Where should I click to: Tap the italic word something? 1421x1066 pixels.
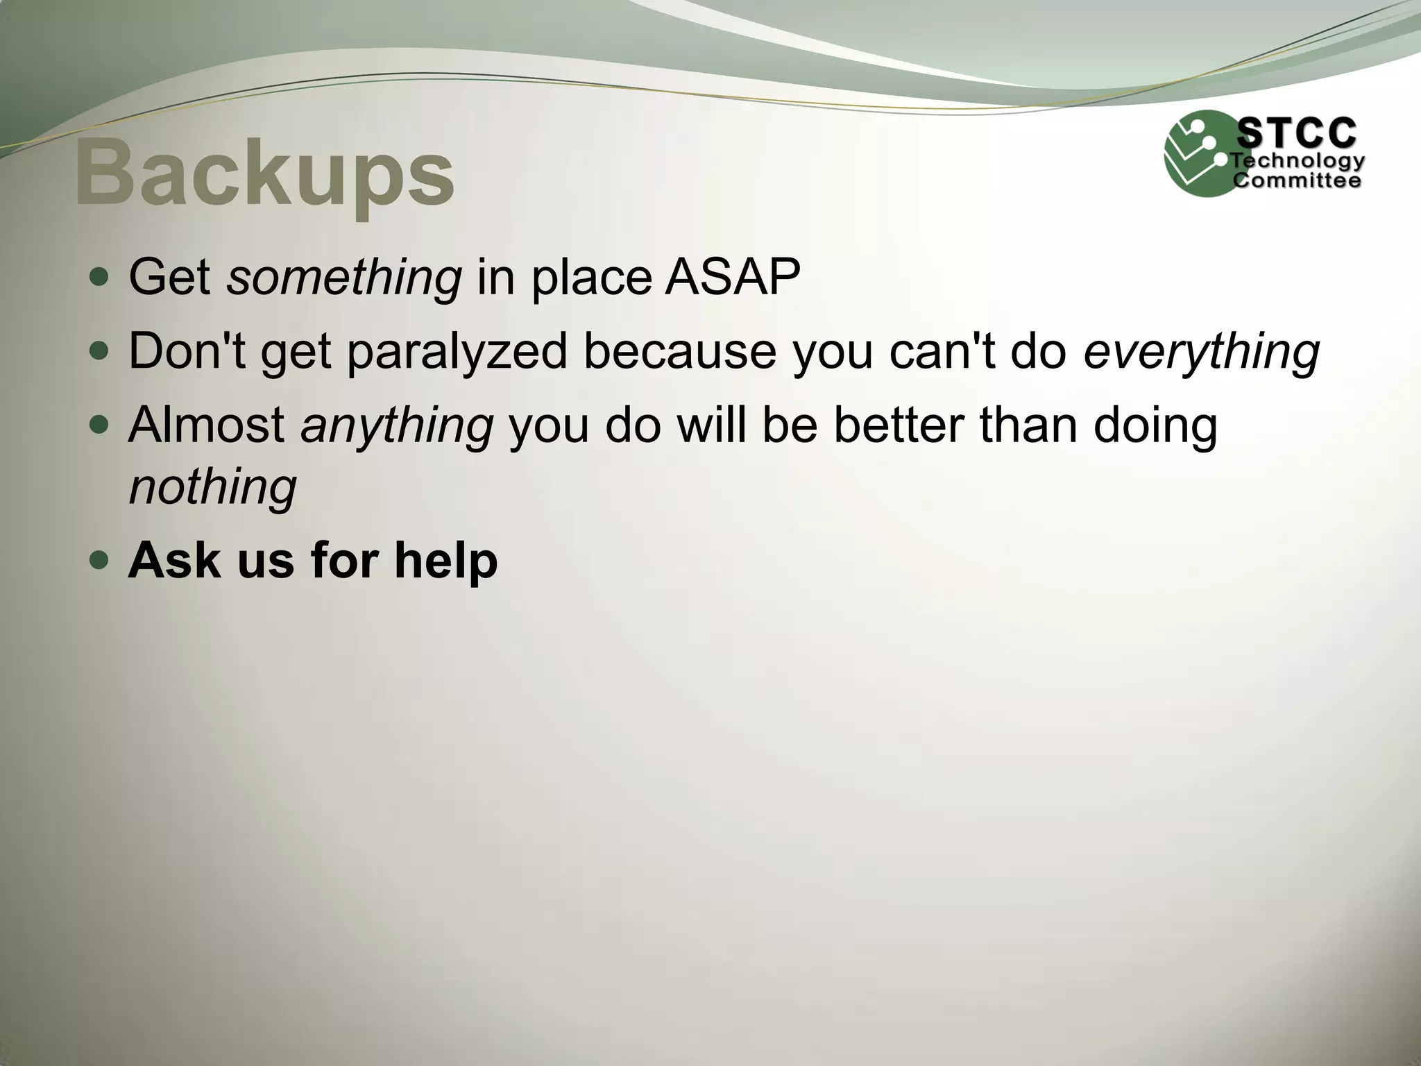coord(344,278)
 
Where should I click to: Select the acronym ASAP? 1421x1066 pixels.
coord(733,278)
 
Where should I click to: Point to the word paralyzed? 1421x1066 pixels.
coord(457,351)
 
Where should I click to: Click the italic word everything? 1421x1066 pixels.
coord(1201,351)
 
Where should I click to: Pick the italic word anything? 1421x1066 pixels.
coord(397,425)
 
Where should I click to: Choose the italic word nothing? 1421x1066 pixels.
coord(213,487)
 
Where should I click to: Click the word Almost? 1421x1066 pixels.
coord(207,425)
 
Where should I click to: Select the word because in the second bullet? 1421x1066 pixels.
coord(680,351)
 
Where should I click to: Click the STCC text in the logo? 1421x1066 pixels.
coord(1297,133)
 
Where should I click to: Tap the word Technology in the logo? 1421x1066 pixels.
coord(1298,162)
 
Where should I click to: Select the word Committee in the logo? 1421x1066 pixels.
coord(1297,181)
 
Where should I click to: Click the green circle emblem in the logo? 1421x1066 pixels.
coord(1198,154)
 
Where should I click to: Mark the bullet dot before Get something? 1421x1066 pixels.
coord(100,278)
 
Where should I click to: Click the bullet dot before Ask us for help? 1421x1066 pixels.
coord(100,560)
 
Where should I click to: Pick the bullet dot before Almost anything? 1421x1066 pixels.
coord(100,425)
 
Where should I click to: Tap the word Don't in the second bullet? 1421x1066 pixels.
coord(187,351)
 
